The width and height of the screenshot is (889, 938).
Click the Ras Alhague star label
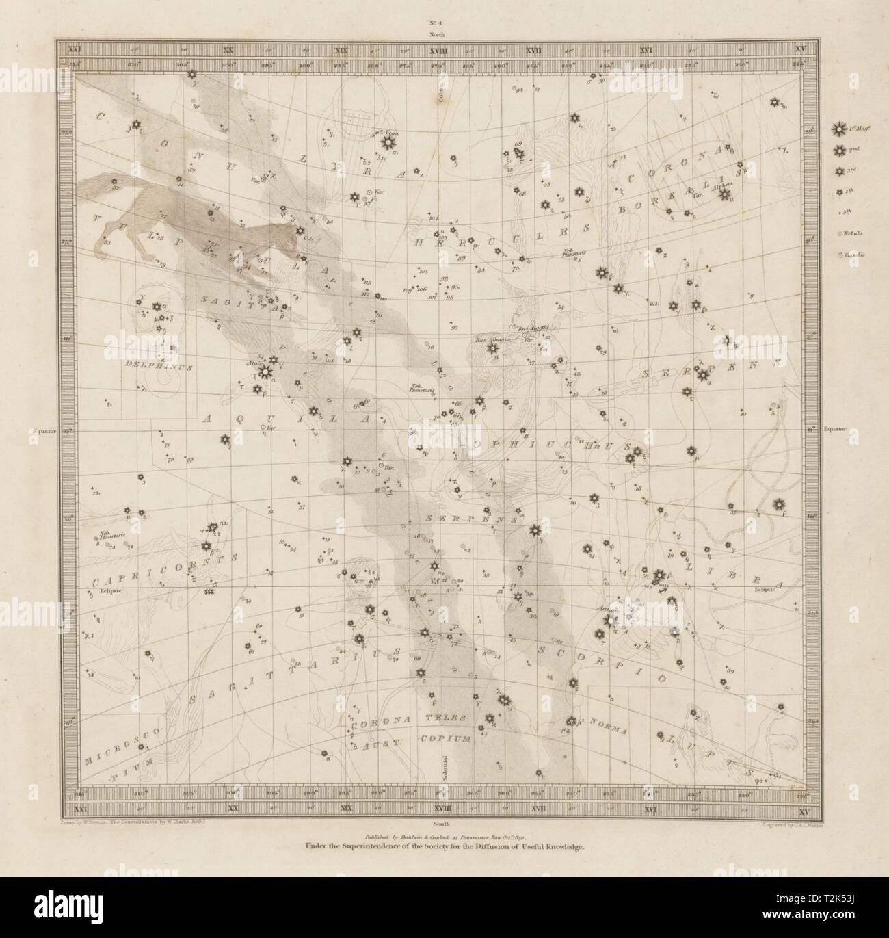[489, 339]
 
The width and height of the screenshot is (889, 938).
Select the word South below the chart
[436, 807]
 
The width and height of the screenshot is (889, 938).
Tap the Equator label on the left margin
[46, 431]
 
